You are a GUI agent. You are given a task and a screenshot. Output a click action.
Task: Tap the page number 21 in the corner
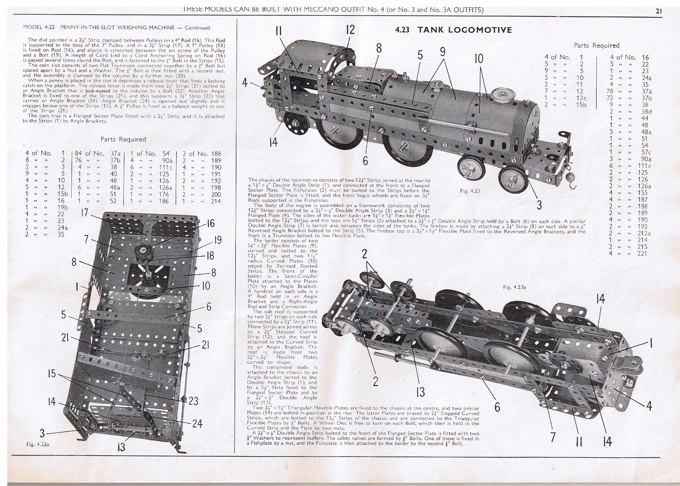(659, 11)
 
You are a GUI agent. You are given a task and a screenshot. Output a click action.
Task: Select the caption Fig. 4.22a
(38, 444)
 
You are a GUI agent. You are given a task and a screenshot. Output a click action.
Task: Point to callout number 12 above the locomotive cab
(350, 30)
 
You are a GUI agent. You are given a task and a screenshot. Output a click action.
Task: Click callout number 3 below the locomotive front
(539, 205)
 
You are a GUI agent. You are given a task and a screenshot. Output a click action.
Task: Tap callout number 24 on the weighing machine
(197, 423)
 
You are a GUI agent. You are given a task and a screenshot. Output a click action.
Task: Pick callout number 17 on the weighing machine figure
(85, 212)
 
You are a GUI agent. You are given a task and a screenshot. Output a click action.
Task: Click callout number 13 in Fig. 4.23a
(420, 392)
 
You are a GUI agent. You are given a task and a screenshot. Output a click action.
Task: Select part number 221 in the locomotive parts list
(642, 253)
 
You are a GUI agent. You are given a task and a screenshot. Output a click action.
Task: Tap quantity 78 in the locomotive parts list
(613, 91)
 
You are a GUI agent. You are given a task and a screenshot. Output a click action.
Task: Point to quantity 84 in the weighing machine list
(78, 154)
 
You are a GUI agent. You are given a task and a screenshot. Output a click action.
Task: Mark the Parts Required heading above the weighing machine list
(123, 139)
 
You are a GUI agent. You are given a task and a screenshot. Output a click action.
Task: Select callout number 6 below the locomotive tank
(365, 161)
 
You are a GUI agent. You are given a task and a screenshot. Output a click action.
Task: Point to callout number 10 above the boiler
(479, 58)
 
